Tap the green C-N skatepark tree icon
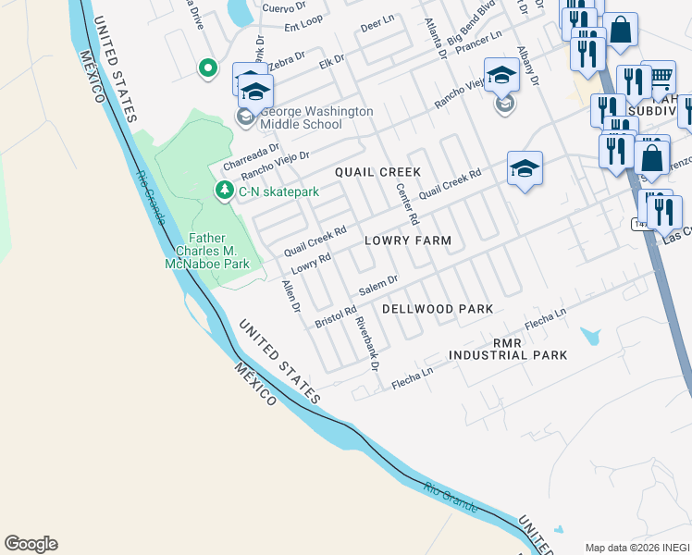pos(224,191)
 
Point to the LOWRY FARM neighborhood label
pos(407,240)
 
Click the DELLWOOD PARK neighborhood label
pos(437,308)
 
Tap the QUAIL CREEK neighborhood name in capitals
pos(377,172)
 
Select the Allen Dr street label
pos(290,296)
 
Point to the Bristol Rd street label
pos(335,316)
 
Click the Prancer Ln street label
pos(479,41)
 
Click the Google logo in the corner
pos(31,544)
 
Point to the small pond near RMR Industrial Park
pos(589,336)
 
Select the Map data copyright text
pos(636,547)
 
